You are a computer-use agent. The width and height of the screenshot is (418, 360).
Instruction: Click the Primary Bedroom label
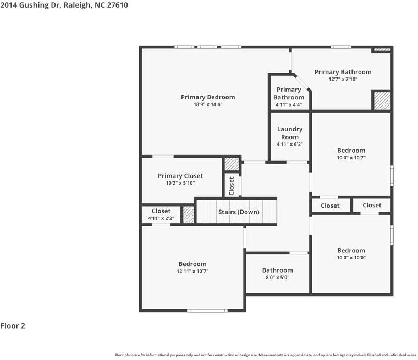coord(208,97)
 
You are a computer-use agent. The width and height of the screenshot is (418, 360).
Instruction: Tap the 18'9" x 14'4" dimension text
coord(208,104)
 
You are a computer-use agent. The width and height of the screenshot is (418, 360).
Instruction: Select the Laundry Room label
coord(290,133)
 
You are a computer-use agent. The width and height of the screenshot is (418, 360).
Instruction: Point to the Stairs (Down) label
coord(239,212)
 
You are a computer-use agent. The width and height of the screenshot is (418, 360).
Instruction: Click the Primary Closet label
coord(180,176)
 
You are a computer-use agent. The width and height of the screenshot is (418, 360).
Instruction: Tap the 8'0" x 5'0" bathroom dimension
coord(278,278)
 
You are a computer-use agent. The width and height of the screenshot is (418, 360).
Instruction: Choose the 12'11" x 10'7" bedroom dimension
coord(193,272)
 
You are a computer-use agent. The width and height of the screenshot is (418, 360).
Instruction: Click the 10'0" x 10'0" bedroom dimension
coord(351,258)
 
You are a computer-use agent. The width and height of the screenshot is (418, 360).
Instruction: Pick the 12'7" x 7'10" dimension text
coord(343,79)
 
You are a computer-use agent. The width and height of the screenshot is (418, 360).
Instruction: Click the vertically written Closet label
coord(232,186)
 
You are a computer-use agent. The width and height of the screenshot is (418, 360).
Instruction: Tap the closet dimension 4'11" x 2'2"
coord(161,218)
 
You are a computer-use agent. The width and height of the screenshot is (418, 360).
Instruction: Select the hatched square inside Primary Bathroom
coord(382,101)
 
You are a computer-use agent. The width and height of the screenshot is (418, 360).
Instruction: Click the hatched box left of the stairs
coord(189,215)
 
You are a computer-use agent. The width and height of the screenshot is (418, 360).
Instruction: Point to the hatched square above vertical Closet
coord(232,164)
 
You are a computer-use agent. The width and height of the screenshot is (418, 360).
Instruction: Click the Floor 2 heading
coord(13,326)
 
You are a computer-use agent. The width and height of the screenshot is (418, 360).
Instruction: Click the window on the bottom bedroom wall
coord(207,311)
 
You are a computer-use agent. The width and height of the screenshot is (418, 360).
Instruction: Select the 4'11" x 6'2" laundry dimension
coord(290,145)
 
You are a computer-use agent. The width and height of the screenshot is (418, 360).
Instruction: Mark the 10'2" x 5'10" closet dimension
coord(180,183)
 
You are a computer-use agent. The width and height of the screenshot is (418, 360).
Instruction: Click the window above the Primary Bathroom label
coord(340,47)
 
